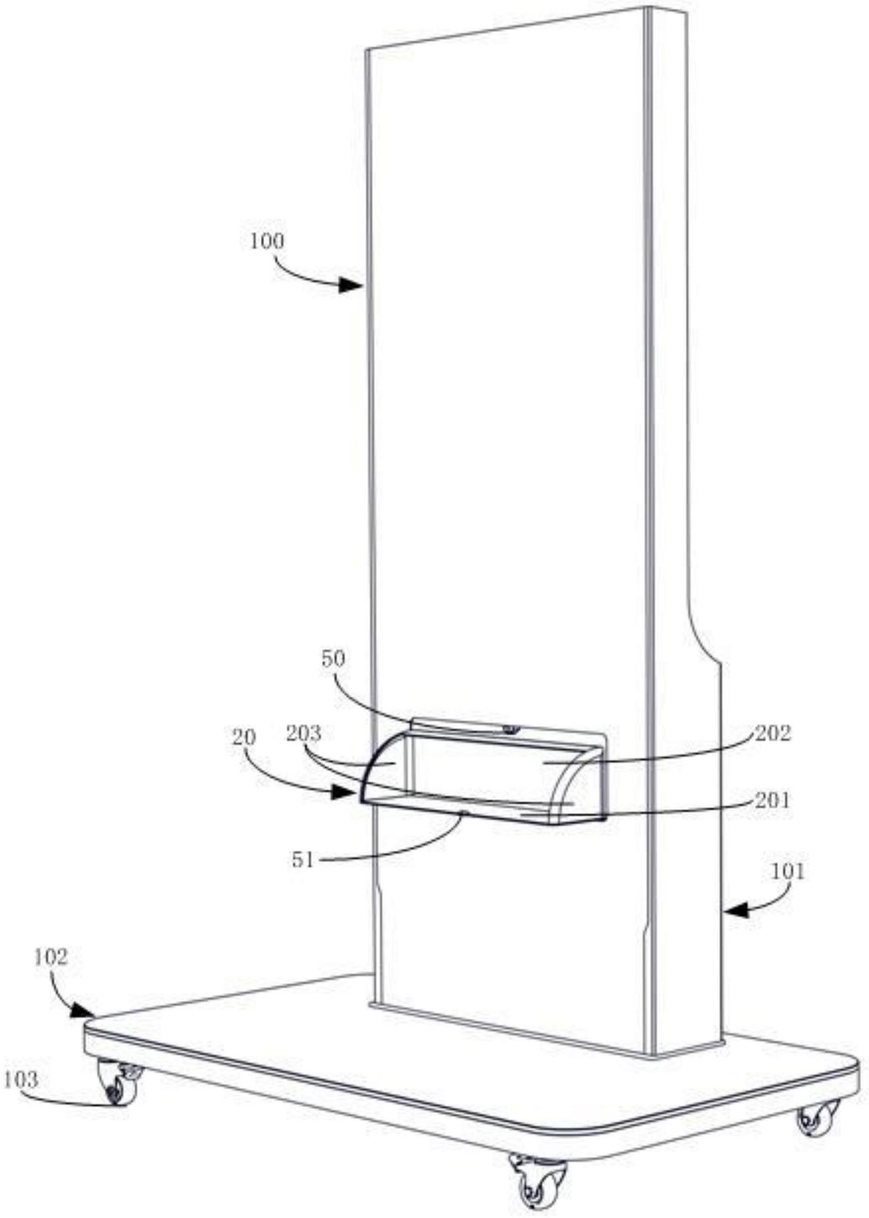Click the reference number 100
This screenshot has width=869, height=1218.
pos(266,242)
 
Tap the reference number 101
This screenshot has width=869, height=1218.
pos(787,871)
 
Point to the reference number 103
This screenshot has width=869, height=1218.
pos(20,1080)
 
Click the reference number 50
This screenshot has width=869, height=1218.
pos(333,659)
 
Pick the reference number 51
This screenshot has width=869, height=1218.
pos(302,860)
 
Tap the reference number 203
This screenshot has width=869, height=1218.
pos(304,733)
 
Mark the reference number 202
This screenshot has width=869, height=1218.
pos(773,733)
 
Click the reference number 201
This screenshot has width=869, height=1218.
pos(773,800)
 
